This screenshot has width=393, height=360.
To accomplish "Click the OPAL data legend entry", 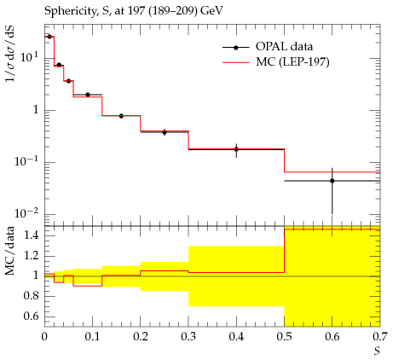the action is tap(268, 47).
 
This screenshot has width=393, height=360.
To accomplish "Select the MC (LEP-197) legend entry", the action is tap(275, 62).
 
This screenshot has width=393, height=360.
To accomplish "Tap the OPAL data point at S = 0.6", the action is tap(332, 181).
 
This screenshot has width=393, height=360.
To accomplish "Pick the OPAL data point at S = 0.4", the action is tap(236, 149).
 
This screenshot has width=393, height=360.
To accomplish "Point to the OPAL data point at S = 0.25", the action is tap(165, 132).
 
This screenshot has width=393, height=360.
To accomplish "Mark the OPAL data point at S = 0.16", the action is tap(121, 116).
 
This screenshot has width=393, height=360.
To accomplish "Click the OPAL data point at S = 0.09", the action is tap(88, 95).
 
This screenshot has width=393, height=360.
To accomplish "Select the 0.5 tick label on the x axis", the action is tap(285, 337).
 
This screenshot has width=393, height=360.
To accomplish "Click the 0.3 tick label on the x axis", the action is tap(188, 337).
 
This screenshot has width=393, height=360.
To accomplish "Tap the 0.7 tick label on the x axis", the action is tap(380, 337).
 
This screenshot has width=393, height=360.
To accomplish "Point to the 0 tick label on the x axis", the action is tap(44, 337).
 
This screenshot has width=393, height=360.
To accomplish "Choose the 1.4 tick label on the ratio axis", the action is tap(32, 235).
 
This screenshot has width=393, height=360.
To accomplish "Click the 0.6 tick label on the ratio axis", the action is tap(32, 316).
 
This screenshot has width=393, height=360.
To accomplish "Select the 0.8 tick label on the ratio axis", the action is tap(32, 296).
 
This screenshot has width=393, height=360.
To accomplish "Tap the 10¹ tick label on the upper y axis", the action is tap(29, 57).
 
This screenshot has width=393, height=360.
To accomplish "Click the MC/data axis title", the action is tap(10, 251).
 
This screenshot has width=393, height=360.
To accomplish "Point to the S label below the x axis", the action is tap(377, 351).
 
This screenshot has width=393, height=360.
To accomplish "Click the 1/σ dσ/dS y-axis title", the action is tap(11, 54).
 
